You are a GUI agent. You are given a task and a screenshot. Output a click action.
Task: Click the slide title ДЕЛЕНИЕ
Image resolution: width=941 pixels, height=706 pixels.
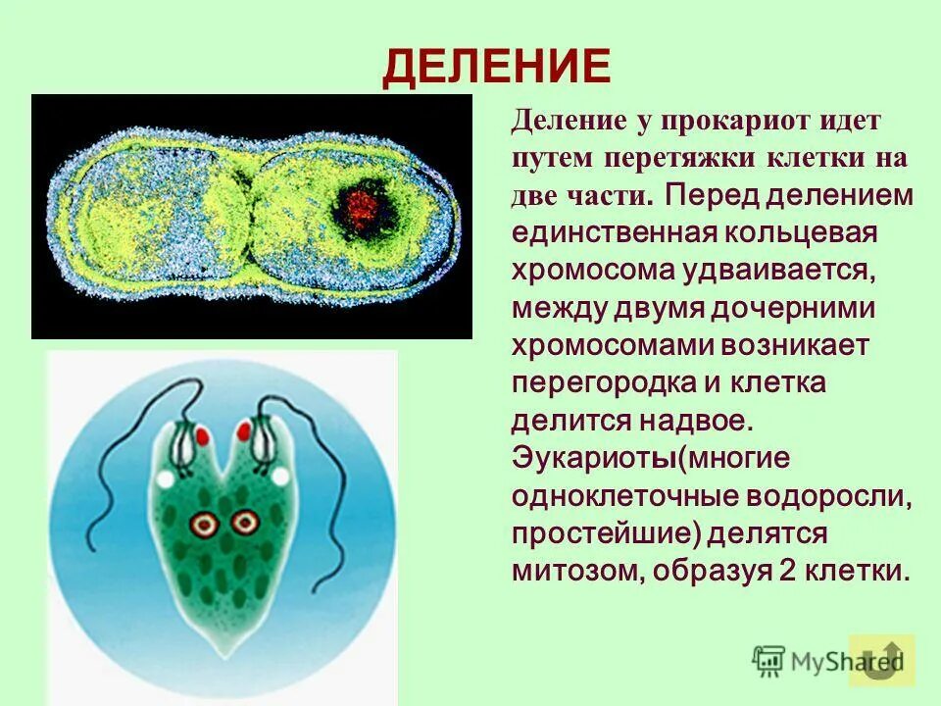(x=496, y=67)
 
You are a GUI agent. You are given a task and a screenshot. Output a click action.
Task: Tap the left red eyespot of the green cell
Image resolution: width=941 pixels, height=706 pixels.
(x=201, y=433)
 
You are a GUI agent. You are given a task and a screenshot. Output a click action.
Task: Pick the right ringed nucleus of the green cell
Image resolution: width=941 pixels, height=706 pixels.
(x=242, y=524)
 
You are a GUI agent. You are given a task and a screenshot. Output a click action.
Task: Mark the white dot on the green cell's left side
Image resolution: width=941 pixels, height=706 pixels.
(x=166, y=478)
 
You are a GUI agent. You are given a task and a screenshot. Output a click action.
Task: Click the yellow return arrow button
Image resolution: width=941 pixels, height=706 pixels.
(x=882, y=659)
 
